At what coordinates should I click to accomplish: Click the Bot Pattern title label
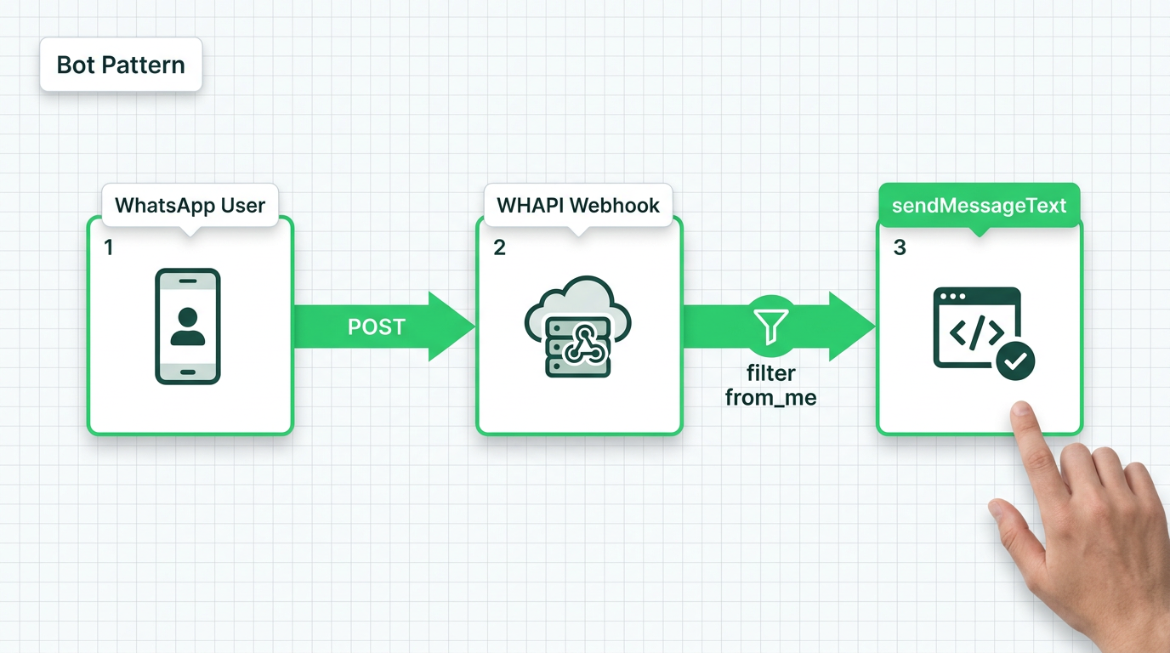click(121, 65)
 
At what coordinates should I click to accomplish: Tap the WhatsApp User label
click(190, 205)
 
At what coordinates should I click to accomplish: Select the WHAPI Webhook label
click(578, 205)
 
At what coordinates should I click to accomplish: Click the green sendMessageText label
click(979, 205)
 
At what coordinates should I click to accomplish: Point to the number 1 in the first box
click(108, 247)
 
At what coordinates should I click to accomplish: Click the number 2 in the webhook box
click(499, 247)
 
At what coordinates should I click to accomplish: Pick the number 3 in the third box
click(900, 247)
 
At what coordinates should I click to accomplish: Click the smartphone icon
click(188, 326)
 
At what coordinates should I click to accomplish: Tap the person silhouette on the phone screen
click(188, 326)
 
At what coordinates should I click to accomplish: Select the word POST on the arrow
click(377, 327)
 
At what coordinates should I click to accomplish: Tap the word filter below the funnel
click(771, 373)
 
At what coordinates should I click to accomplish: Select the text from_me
click(771, 397)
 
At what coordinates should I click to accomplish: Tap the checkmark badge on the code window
click(1014, 361)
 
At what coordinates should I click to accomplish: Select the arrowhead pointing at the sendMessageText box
click(853, 326)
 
